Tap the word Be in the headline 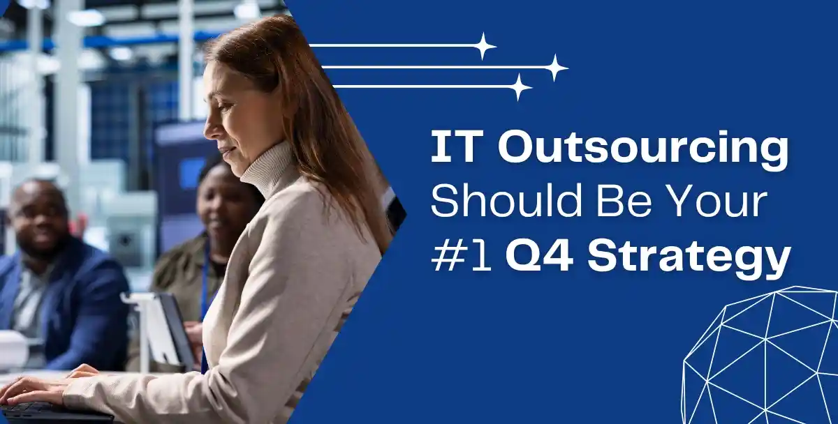coord(617,202)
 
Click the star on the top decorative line coord(483,46)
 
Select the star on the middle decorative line coord(555,68)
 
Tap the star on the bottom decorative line coord(519,86)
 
